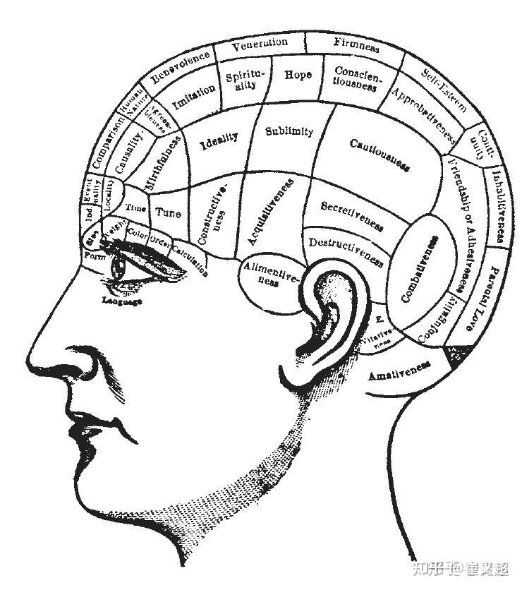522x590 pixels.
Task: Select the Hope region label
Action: click(298, 74)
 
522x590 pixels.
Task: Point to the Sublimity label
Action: click(289, 131)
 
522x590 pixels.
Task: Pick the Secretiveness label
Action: click(352, 215)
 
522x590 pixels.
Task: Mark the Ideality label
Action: click(219, 142)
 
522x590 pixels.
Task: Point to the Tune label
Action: click(168, 212)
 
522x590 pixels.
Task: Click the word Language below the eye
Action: click(122, 301)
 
